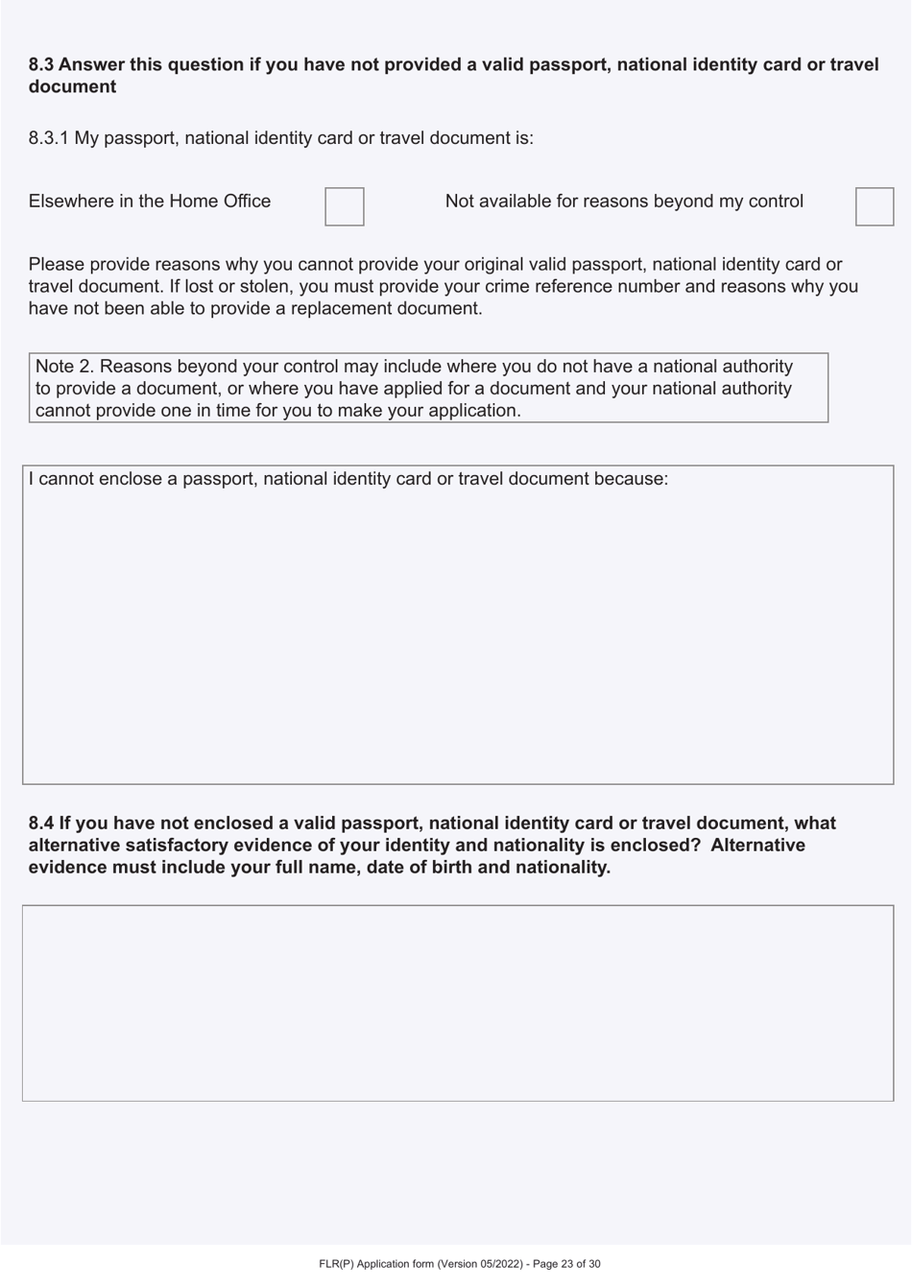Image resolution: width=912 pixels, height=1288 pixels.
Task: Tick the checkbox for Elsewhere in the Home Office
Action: (x=345, y=206)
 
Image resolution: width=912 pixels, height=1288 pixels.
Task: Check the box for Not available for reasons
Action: (x=874, y=206)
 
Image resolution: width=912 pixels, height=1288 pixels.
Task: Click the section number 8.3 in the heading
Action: (x=40, y=65)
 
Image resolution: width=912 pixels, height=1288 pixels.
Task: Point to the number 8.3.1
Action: (x=49, y=138)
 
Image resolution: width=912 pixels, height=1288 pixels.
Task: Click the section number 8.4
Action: (x=40, y=823)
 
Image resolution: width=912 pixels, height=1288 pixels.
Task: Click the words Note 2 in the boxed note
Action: (x=62, y=367)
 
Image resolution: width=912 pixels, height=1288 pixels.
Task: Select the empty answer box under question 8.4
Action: (x=457, y=1003)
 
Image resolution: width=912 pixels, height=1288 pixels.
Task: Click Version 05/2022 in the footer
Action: (x=480, y=1264)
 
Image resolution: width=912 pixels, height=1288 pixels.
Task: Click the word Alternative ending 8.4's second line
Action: (x=757, y=846)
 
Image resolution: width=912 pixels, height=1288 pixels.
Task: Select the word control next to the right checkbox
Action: (x=774, y=202)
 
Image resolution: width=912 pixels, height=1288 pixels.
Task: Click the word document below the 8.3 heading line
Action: (x=72, y=87)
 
